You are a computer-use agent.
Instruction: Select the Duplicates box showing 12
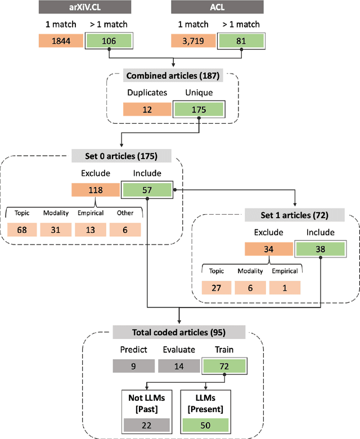pos(147,109)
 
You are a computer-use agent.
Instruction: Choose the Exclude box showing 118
pos(96,191)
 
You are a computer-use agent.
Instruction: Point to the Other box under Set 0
pos(125,229)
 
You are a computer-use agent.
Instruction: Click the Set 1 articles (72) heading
pos(294,215)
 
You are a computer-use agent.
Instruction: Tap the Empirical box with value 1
pos(285,287)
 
